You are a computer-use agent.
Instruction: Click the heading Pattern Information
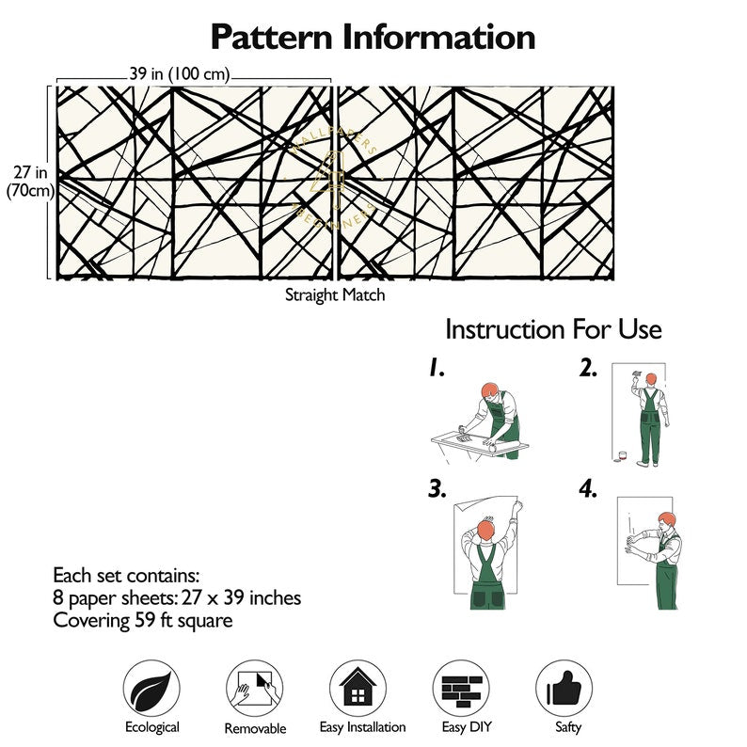[373, 37]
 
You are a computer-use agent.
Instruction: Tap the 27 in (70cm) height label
[30, 181]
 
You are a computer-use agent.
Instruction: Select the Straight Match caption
[335, 294]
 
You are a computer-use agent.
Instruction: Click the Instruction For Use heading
[553, 329]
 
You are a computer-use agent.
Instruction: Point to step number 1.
[436, 370]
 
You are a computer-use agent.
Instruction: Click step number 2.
[589, 370]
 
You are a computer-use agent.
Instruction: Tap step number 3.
[436, 489]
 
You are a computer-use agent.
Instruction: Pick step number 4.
[589, 489]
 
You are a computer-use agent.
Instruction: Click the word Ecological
[151, 726]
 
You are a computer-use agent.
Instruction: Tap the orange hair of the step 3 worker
[486, 530]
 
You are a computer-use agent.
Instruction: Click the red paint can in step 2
[622, 456]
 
